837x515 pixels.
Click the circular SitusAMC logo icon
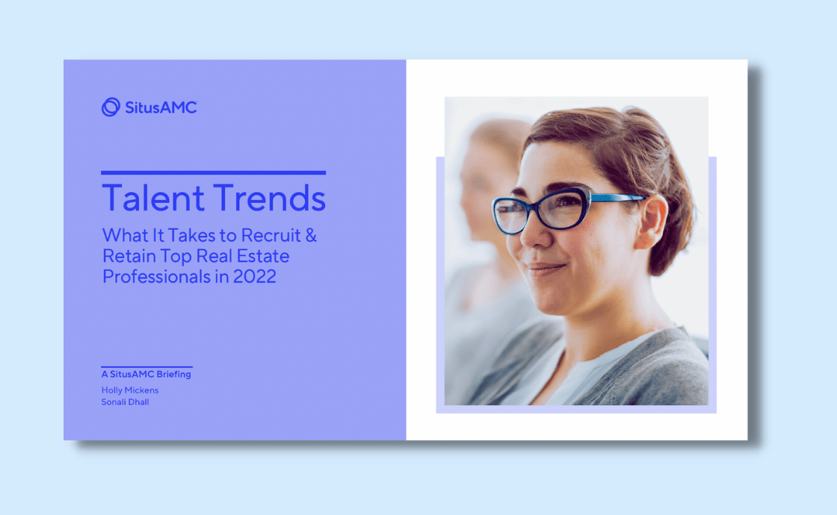(111, 107)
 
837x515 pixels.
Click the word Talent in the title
(153, 199)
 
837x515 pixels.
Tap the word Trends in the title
(270, 199)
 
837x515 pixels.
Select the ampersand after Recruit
(311, 235)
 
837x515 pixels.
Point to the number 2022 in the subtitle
(255, 277)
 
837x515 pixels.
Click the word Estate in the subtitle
(262, 256)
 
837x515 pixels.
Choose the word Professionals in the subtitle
(156, 277)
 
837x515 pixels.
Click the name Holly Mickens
(130, 390)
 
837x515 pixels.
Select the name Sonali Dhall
(125, 402)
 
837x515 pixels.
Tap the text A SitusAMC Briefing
(146, 374)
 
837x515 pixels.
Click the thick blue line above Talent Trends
(214, 172)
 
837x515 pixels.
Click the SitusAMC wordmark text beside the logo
(161, 107)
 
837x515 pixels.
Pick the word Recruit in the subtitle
(271, 235)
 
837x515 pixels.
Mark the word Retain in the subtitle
(129, 256)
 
